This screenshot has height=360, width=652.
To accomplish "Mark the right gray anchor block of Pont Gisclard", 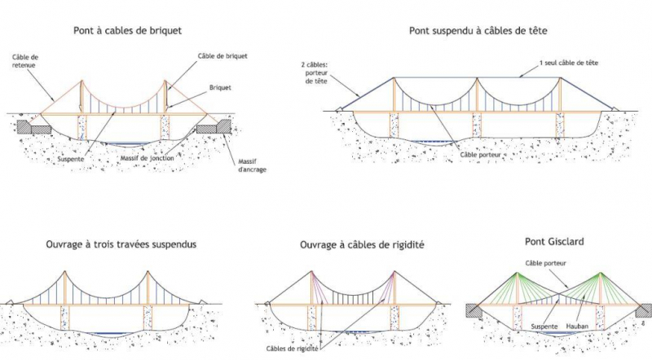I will click(642, 310).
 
